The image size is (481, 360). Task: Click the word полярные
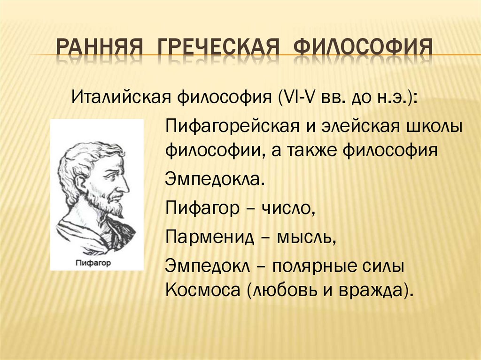(x=314, y=266)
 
